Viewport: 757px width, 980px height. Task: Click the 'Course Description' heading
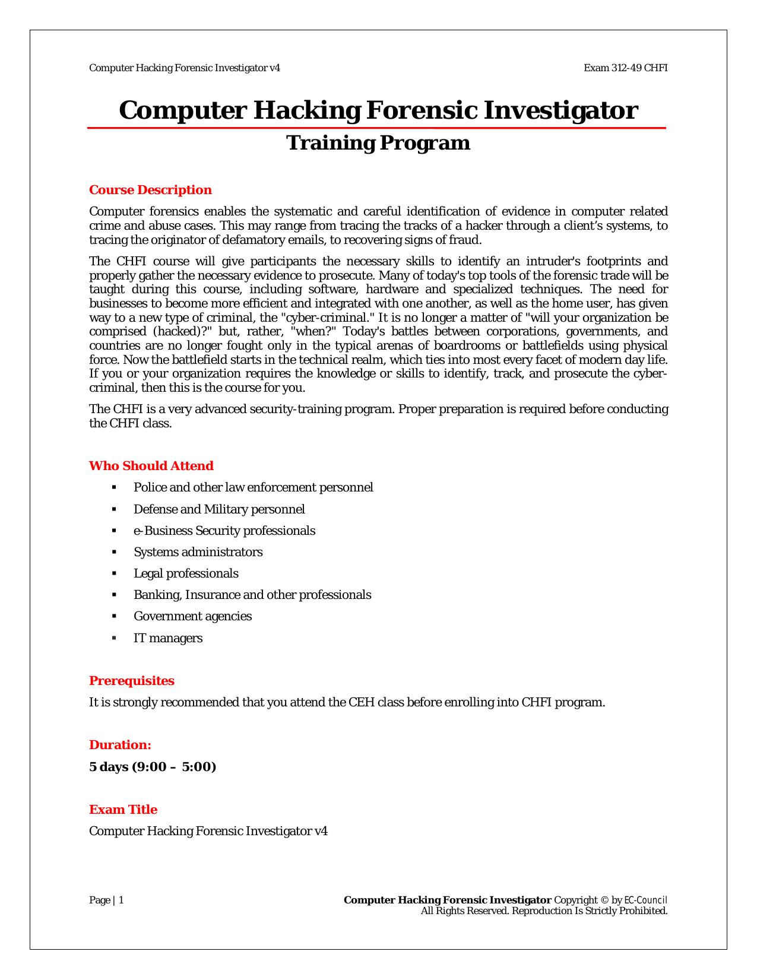[150, 190]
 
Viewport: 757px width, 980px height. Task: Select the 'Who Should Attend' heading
[151, 466]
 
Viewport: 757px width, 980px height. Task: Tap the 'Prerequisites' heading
[132, 681]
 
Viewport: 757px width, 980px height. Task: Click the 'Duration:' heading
[120, 745]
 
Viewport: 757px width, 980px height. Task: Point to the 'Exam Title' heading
[123, 810]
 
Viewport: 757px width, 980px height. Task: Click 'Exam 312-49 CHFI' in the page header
[625, 68]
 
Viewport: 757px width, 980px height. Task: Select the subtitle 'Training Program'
[378, 143]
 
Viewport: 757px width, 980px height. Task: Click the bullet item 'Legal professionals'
[186, 573]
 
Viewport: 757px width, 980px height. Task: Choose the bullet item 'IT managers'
[168, 638]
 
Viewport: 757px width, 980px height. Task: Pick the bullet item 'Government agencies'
[192, 616]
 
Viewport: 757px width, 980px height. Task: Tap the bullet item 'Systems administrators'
[198, 552]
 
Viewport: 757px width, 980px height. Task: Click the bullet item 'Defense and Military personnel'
[219, 509]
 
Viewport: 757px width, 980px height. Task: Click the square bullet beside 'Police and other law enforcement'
[114, 487]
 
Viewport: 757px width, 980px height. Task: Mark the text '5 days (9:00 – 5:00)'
[153, 767]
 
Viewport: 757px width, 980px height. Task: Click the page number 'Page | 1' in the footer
[106, 900]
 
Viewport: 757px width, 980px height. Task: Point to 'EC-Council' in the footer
[646, 900]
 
